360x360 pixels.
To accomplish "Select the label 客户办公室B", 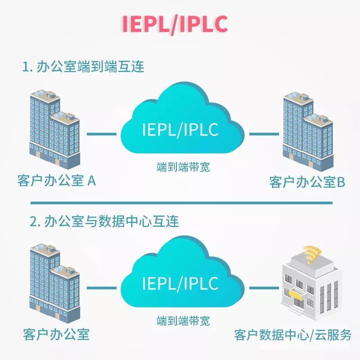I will pos(307,182).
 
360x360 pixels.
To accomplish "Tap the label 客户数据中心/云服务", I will pos(292,335).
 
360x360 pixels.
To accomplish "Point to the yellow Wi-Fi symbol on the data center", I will pos(310,254).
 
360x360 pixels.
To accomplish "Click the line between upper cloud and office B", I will pos(262,134).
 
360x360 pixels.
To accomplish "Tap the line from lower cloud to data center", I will pos(262,288).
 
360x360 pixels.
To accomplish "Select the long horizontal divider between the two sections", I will pos(180,203).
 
